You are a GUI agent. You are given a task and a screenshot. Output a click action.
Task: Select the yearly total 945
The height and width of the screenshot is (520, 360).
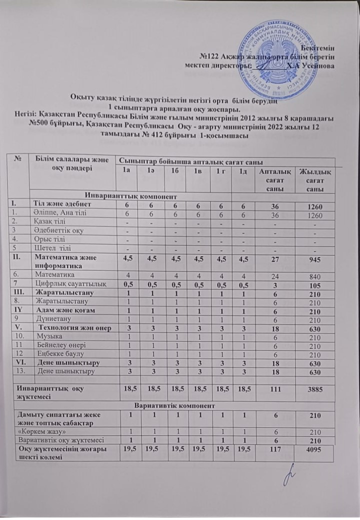(x=314, y=259)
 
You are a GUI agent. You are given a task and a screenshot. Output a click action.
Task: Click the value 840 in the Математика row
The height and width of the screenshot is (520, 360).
(x=314, y=274)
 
